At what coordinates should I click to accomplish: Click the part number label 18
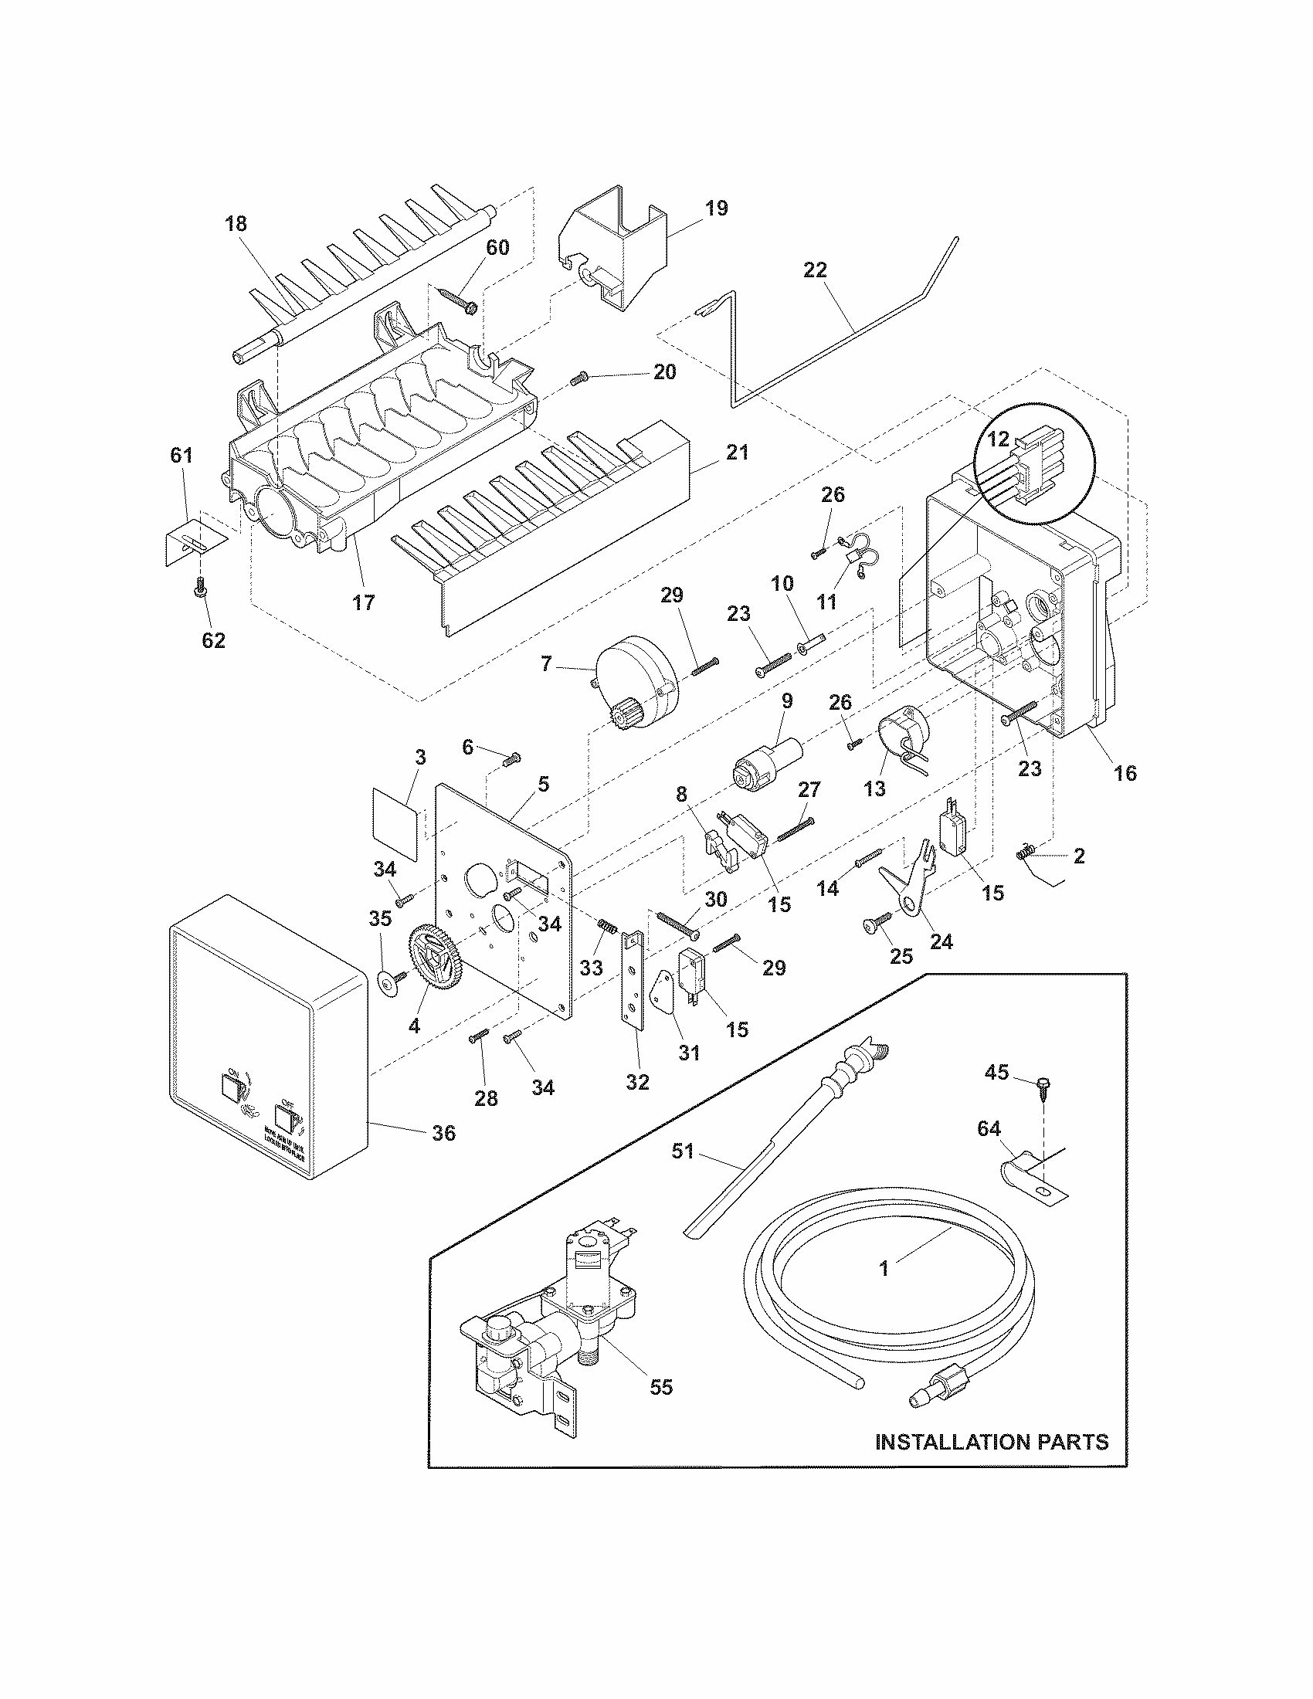[236, 224]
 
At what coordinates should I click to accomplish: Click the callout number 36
[443, 1134]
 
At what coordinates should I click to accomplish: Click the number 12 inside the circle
[999, 440]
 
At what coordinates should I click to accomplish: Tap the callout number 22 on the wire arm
[815, 270]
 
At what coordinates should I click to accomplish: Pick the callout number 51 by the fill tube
[682, 1151]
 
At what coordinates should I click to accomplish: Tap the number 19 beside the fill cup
[717, 208]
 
